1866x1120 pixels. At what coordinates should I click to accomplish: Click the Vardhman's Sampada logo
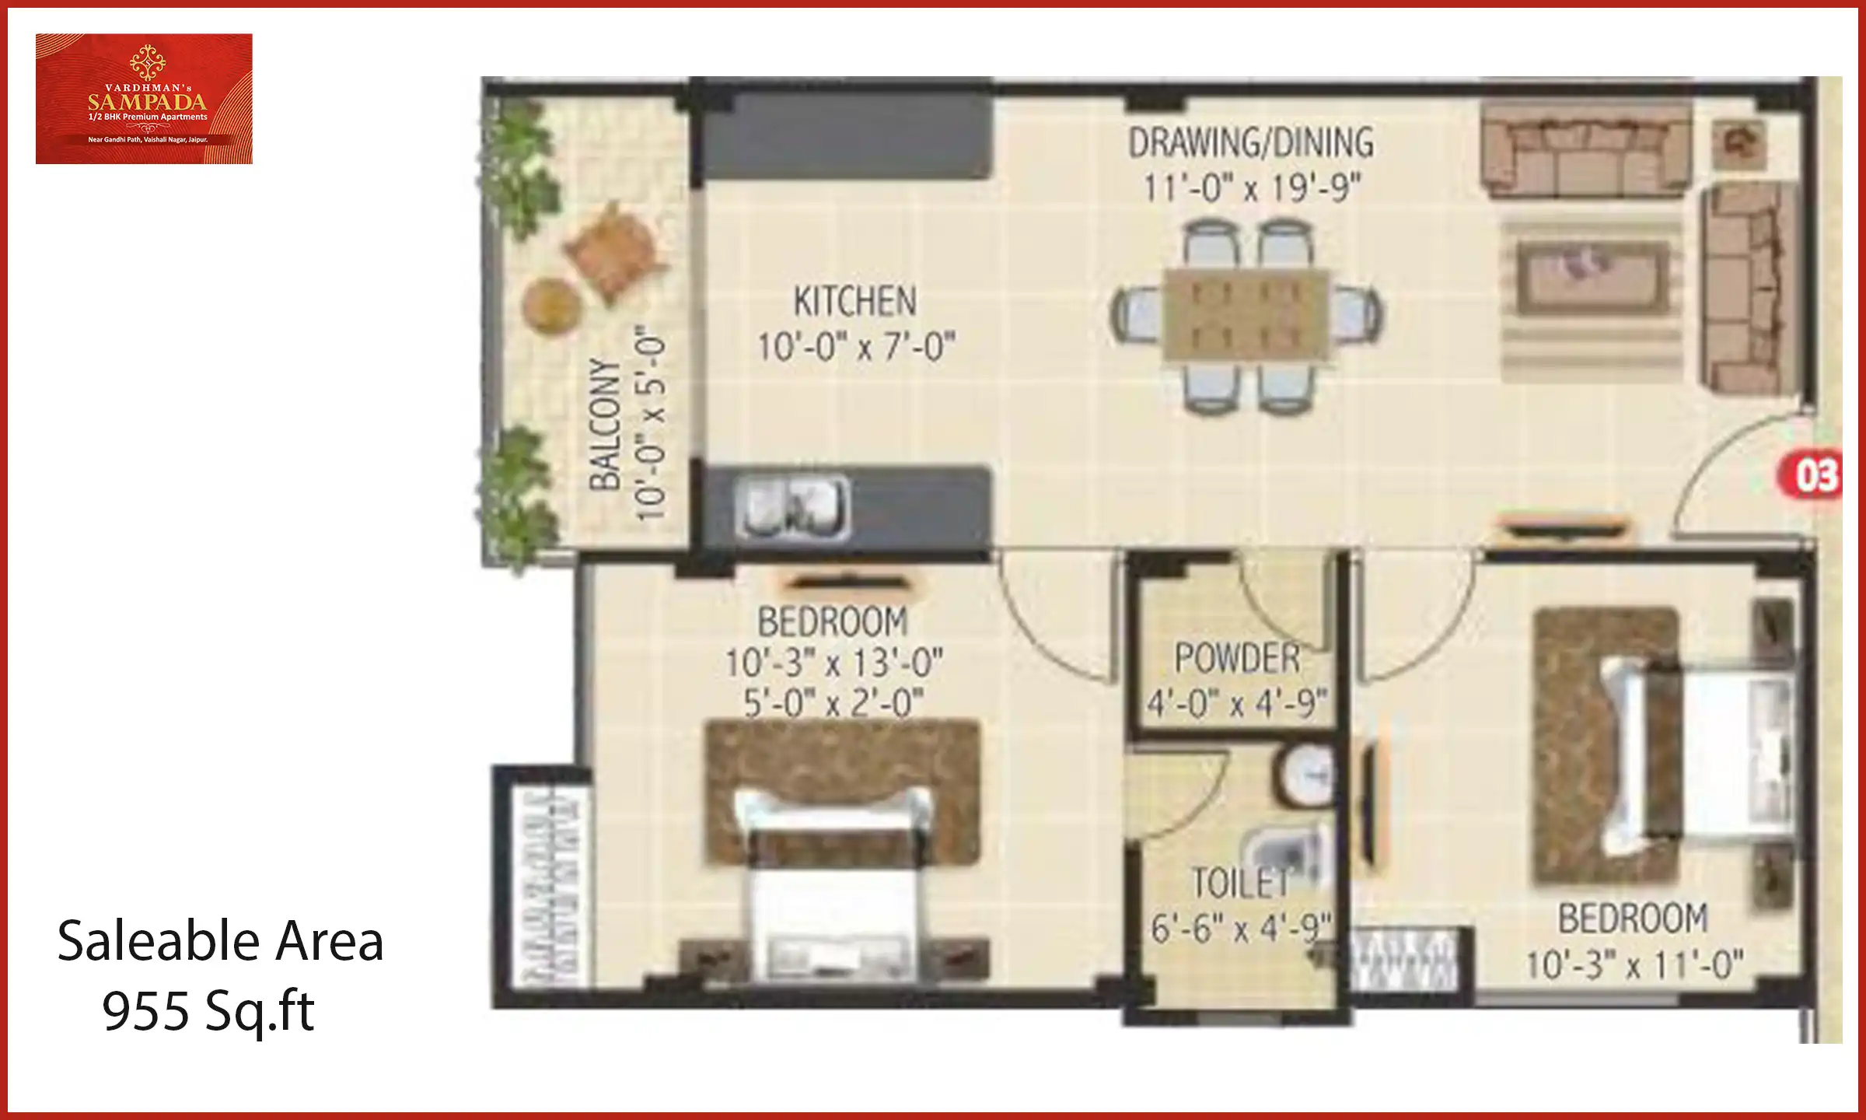point(144,98)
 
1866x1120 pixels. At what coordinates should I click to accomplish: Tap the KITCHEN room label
point(854,302)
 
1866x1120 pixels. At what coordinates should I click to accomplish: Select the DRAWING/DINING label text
point(1251,143)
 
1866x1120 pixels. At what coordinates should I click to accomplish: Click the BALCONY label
point(606,425)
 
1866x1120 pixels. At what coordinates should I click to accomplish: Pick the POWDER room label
point(1236,658)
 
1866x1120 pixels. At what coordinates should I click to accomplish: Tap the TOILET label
point(1241,884)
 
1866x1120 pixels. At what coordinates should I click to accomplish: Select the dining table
point(1246,315)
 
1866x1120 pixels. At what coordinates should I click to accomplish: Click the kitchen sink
point(792,507)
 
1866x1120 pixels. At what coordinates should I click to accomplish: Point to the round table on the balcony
point(552,304)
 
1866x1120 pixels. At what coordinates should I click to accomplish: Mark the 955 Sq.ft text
point(208,1011)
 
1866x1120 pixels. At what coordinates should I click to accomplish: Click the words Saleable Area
point(220,941)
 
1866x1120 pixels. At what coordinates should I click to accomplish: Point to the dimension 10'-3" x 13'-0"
point(833,663)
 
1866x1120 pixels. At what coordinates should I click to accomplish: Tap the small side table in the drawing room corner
point(1739,144)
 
